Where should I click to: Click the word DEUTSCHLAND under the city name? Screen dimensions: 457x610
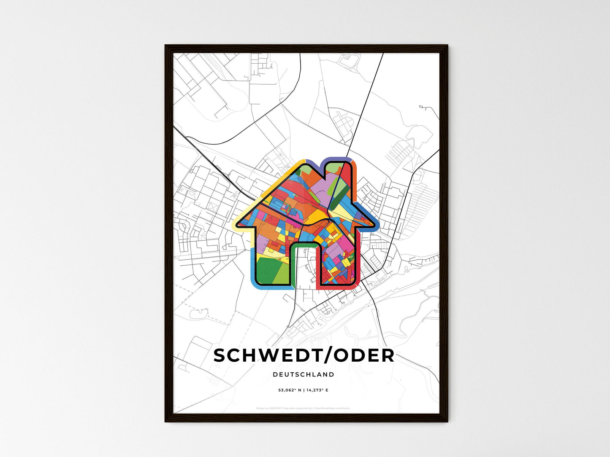[303, 374]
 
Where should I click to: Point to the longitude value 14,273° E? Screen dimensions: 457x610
[317, 390]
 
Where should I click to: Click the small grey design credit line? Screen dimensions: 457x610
[303, 408]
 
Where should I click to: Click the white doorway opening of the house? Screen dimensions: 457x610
[305, 270]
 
